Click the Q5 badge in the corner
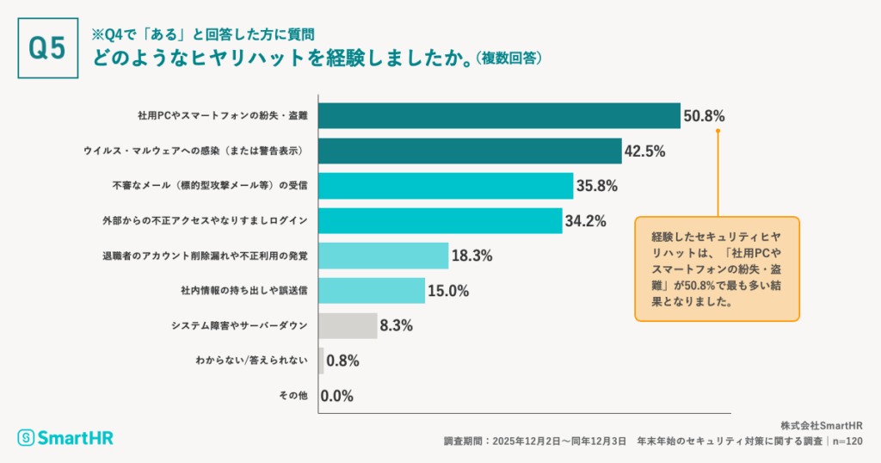47,49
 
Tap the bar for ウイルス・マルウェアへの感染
470,151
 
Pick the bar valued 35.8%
446,186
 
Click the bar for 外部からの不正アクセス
440,220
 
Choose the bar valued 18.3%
384,256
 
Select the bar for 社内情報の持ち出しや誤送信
372,291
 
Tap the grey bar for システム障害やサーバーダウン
348,325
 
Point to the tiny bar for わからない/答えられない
321,361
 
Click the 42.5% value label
644,151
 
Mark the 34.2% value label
586,220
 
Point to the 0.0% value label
337,396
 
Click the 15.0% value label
448,291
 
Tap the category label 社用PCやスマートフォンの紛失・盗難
222,116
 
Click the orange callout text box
717,269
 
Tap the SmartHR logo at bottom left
65,437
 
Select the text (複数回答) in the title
508,59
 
